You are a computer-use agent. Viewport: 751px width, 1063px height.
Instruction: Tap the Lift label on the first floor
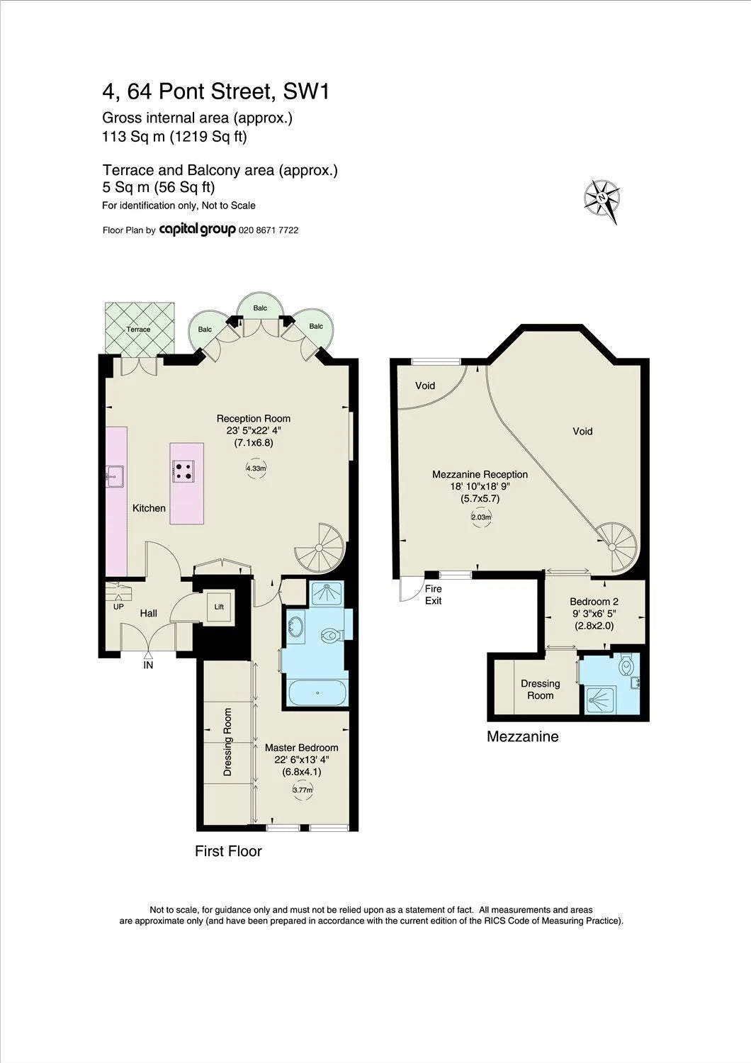(x=219, y=607)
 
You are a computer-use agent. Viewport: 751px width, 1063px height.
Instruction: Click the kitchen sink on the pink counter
(x=114, y=476)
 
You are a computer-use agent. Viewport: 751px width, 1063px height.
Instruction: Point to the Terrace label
(x=138, y=329)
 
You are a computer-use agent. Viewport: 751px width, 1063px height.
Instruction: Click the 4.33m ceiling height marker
(x=256, y=468)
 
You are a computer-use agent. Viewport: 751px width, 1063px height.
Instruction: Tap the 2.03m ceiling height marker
(x=480, y=517)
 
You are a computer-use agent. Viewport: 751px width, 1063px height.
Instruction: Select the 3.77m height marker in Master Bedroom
(x=303, y=789)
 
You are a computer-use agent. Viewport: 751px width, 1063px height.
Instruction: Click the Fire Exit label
(x=433, y=595)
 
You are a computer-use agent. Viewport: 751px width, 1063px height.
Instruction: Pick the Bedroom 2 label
(x=594, y=602)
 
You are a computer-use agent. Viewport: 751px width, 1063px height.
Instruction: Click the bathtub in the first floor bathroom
(x=317, y=693)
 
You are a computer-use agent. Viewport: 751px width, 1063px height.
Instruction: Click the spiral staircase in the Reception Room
(x=319, y=548)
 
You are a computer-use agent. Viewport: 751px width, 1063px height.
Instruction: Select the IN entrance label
(x=148, y=665)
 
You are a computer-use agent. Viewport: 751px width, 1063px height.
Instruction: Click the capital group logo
(x=198, y=230)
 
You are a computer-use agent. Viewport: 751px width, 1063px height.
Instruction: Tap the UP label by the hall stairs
(x=118, y=607)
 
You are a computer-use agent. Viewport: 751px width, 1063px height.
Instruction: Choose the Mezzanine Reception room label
(x=480, y=474)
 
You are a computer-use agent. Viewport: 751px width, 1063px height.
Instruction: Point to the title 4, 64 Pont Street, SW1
(x=216, y=91)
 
